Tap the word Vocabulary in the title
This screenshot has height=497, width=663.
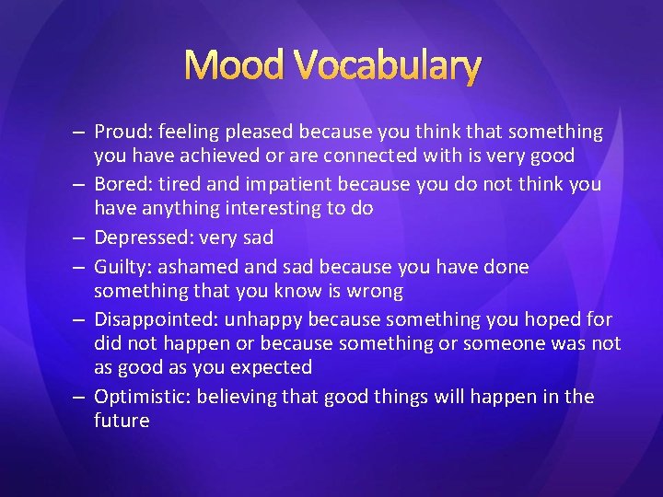tap(388, 65)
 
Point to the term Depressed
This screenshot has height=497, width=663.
tap(139, 237)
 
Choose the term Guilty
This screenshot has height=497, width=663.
tap(121, 267)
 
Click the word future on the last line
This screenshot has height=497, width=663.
tap(121, 421)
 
